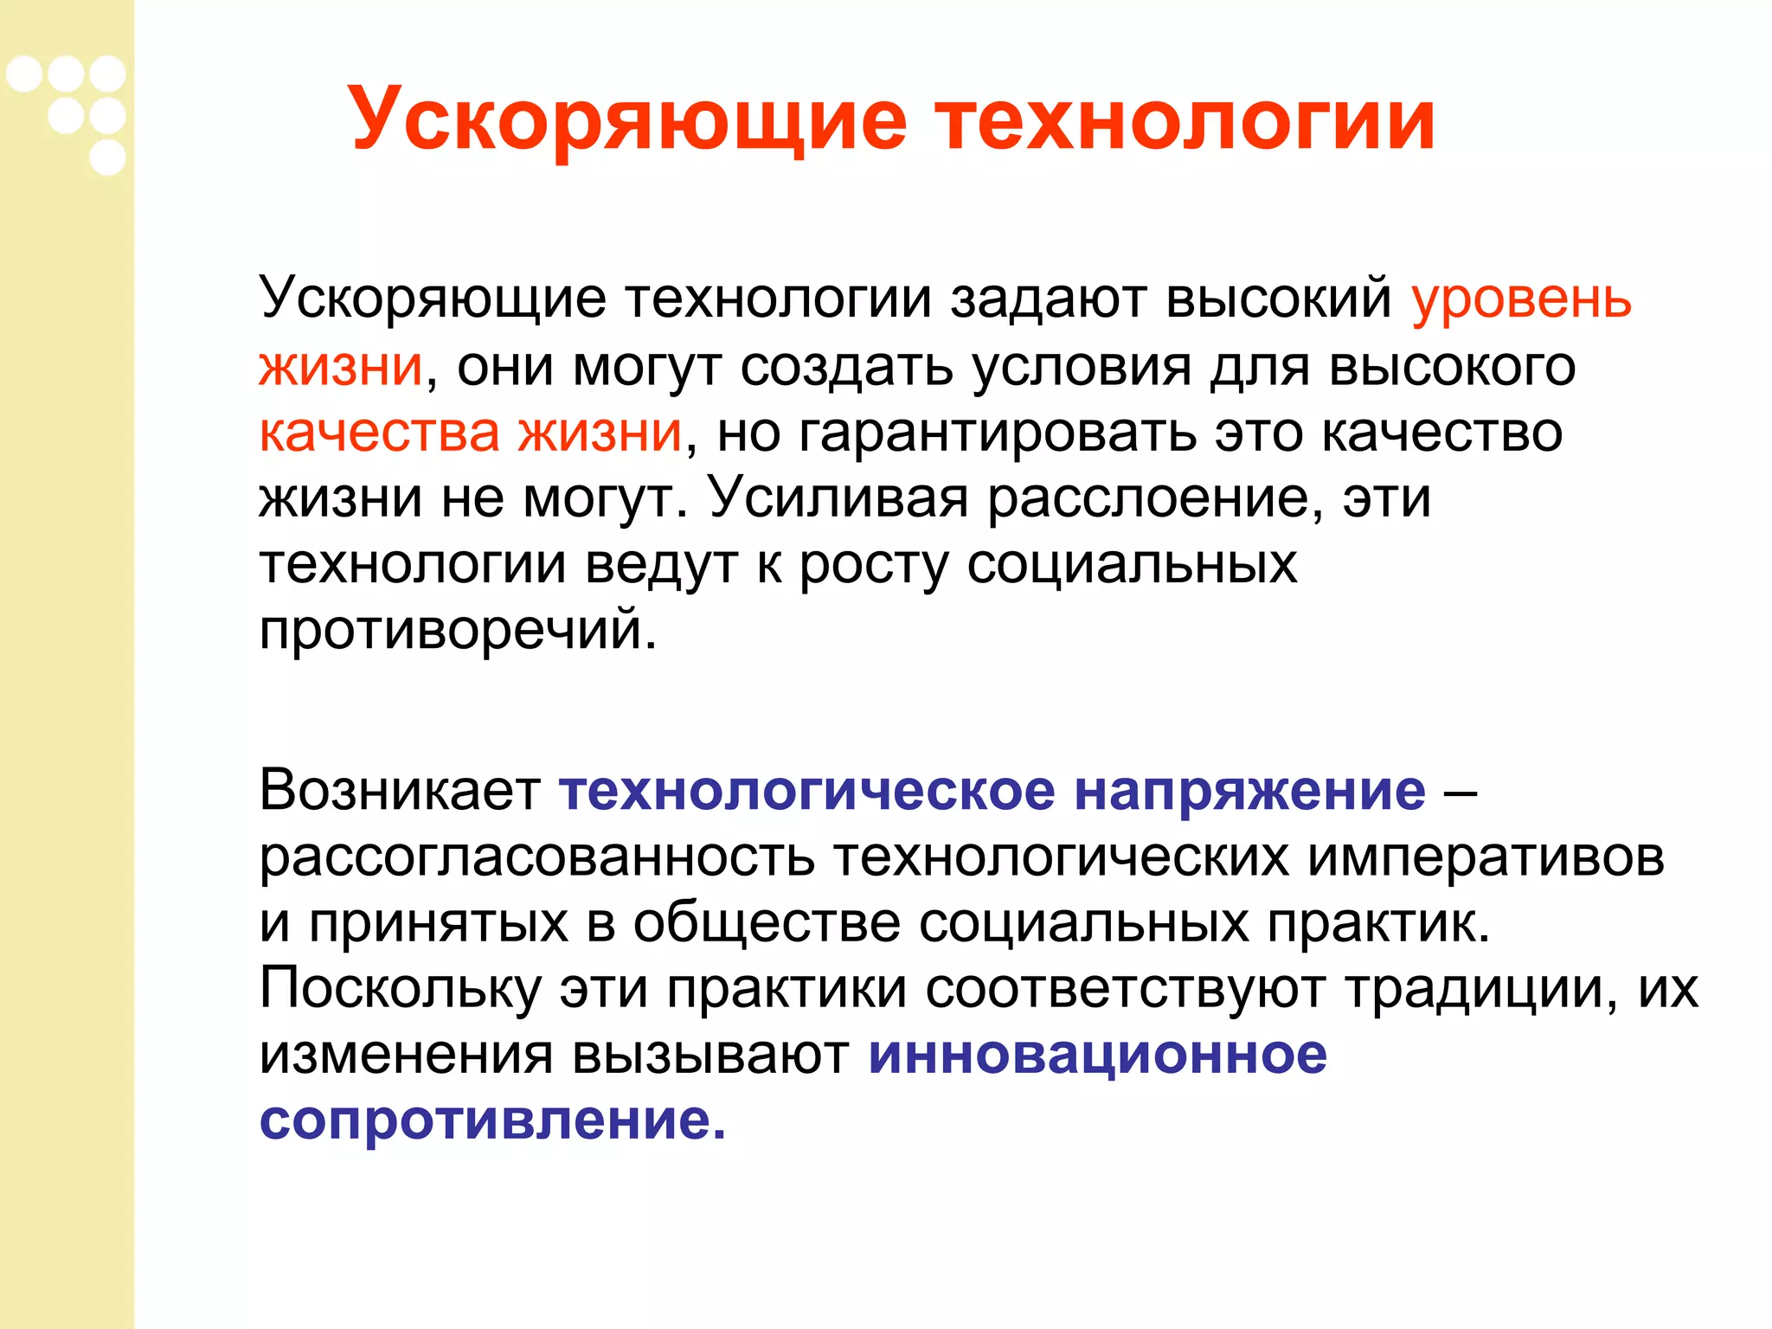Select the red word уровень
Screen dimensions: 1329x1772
(1521, 299)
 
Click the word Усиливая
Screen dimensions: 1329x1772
(838, 498)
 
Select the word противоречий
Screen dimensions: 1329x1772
(457, 630)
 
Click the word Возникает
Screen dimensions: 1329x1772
(400, 790)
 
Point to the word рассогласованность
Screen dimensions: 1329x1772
(536, 857)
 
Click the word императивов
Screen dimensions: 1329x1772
(1485, 857)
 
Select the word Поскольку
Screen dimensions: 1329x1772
(400, 988)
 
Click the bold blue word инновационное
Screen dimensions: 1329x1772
(1097, 1054)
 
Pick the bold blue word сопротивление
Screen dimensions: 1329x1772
(491, 1120)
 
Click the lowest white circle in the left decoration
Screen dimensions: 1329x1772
(107, 157)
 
